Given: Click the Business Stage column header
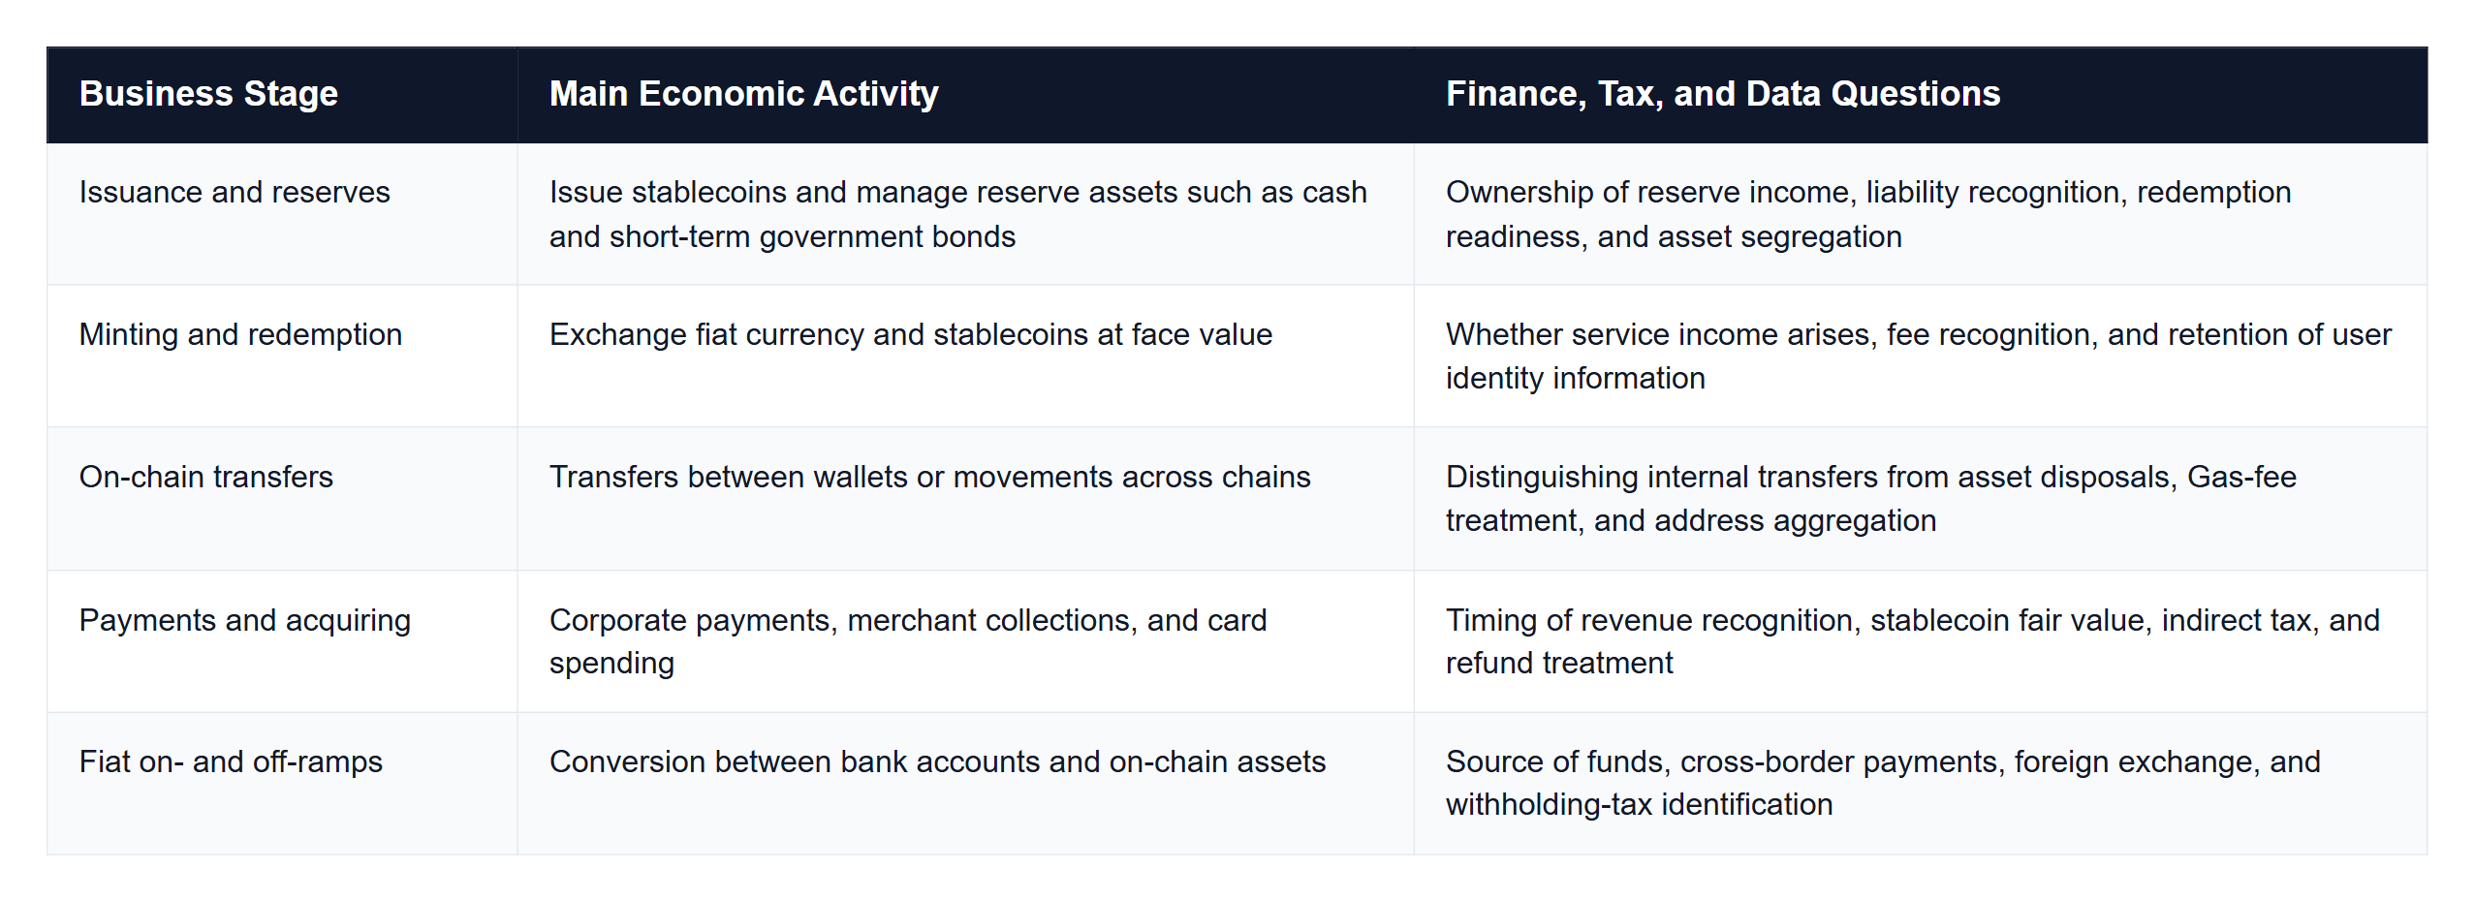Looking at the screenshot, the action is pyautogui.click(x=208, y=94).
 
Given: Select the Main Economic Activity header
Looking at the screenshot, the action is pyautogui.click(x=743, y=94).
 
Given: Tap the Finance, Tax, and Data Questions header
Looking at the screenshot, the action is pyautogui.click(x=1723, y=94).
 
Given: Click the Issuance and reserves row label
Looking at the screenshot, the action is pyautogui.click(x=235, y=192).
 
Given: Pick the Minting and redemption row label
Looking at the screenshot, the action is pyautogui.click(x=240, y=334).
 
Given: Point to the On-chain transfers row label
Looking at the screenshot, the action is pyautogui.click(x=205, y=477).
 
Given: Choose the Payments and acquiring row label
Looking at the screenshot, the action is pyautogui.click(x=245, y=620).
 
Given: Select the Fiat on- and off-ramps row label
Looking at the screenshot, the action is pyautogui.click(x=231, y=761).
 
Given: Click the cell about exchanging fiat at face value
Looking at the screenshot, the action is pyautogui.click(x=911, y=334).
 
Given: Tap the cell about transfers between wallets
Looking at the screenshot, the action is pyautogui.click(x=929, y=477).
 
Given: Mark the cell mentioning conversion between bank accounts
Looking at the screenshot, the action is pyautogui.click(x=937, y=761).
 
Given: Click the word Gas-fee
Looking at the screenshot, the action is pyautogui.click(x=2241, y=477).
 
